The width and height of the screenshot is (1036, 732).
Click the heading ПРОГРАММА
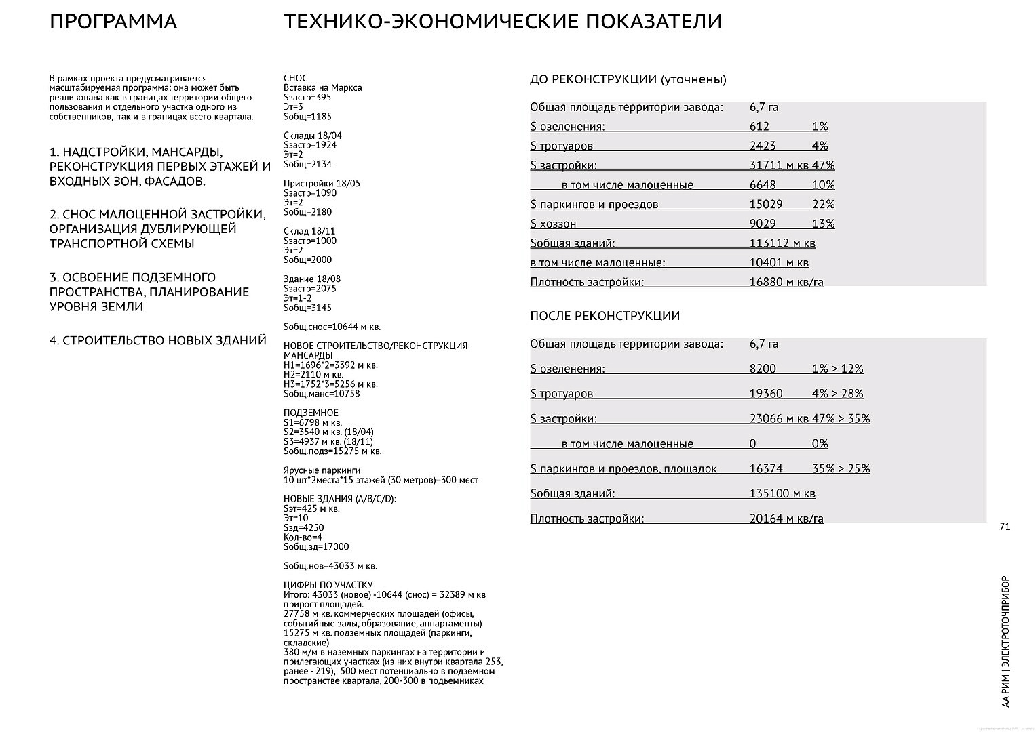[113, 22]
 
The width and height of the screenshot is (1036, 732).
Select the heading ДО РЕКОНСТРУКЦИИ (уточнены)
[628, 79]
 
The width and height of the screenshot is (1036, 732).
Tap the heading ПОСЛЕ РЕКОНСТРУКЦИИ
[605, 316]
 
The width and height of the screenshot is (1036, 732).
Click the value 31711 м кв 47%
[792, 165]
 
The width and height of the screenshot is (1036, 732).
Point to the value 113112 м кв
[782, 243]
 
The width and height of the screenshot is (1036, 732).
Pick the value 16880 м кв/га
[786, 282]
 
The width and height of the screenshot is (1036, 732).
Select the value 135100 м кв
[782, 493]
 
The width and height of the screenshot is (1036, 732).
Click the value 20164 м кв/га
[786, 518]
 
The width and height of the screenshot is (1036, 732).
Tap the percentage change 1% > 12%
[837, 369]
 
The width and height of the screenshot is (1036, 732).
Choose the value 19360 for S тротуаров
[766, 394]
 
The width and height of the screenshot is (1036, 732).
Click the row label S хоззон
[553, 224]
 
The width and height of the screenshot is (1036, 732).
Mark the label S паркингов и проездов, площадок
[623, 468]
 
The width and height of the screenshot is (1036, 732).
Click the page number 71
[1005, 527]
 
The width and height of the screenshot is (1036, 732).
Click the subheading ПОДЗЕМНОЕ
[311, 413]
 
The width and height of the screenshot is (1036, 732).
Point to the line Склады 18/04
[313, 136]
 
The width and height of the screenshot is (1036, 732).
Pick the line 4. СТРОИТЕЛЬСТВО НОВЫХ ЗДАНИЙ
[157, 340]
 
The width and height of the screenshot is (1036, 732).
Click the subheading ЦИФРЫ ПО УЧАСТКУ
[328, 585]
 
